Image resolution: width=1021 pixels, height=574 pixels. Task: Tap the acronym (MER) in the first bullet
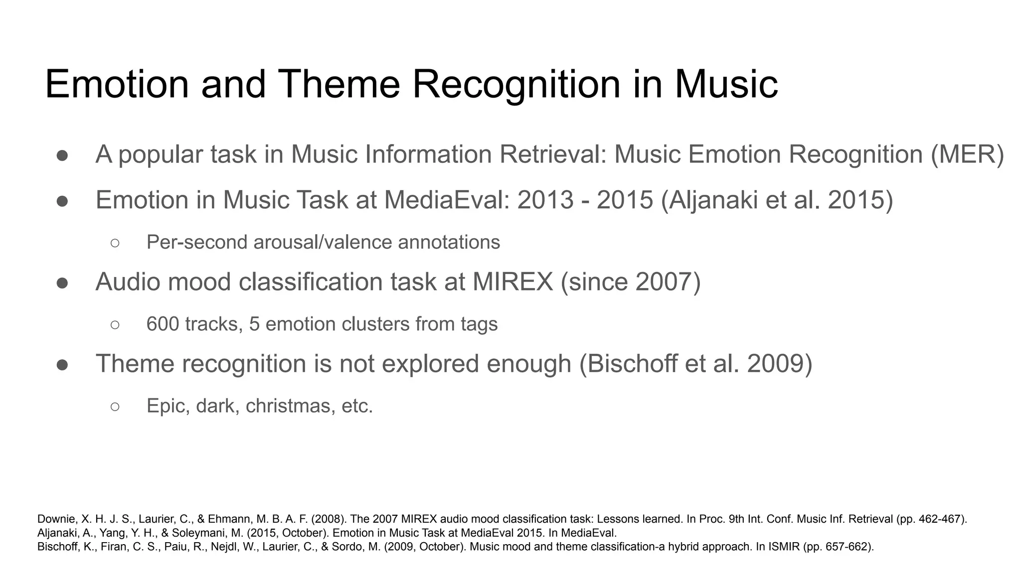point(967,154)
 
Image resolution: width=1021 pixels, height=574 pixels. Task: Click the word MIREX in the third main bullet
point(512,282)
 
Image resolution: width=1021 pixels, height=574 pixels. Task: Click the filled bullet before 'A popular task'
point(62,155)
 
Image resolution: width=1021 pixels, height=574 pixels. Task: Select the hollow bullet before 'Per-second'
point(115,243)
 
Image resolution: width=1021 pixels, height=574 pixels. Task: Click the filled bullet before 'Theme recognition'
point(62,365)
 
